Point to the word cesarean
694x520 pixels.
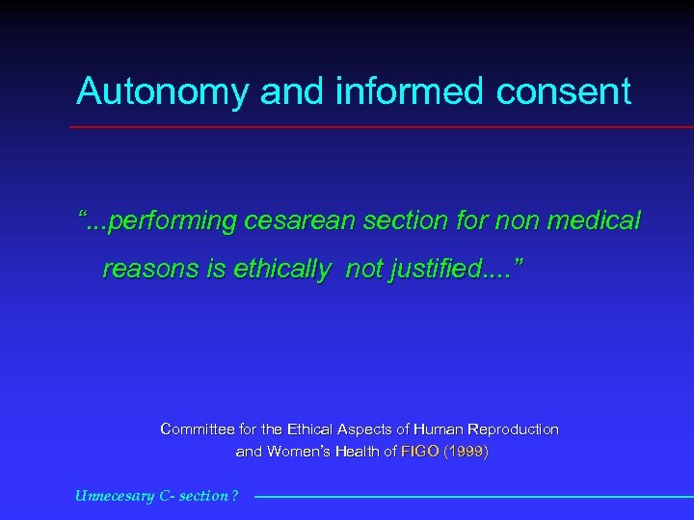pos(301,221)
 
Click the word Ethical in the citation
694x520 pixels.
pos(311,429)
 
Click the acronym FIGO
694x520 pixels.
pos(419,451)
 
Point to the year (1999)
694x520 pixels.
pos(466,451)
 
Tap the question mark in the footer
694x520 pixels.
pos(234,496)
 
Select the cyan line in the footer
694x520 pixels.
pos(472,497)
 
